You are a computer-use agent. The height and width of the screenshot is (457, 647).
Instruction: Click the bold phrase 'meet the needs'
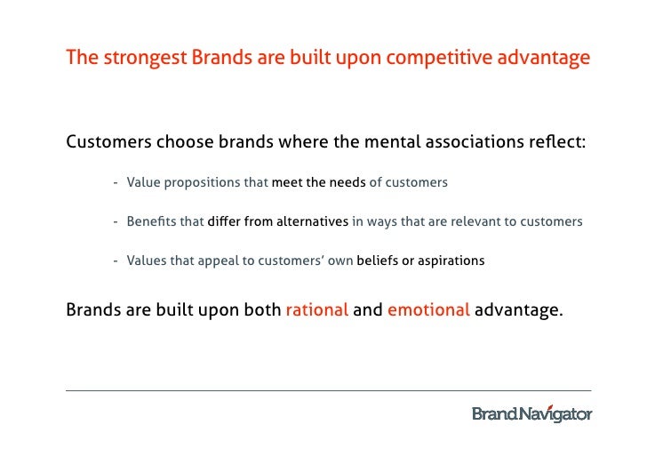click(318, 183)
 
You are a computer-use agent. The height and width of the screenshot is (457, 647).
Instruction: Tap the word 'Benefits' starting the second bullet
click(152, 222)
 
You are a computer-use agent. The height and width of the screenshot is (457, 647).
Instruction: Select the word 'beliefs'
click(379, 261)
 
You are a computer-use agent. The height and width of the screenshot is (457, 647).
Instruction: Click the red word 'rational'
click(316, 311)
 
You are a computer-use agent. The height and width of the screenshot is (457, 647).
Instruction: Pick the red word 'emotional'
click(427, 311)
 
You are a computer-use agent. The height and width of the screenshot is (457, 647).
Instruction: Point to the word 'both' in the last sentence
click(259, 311)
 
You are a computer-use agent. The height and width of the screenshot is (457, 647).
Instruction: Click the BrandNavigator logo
click(531, 413)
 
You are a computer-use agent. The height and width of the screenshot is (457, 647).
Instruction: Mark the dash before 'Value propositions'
click(116, 183)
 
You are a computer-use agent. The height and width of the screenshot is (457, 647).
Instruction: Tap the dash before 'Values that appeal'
click(116, 261)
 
